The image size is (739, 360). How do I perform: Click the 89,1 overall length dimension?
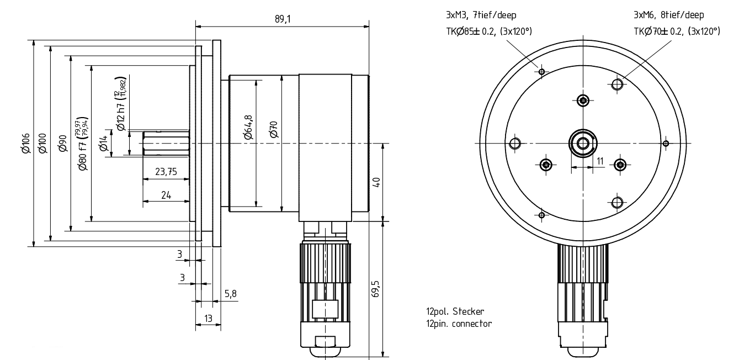tap(282, 19)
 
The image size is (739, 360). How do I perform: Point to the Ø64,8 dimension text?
tap(249, 128)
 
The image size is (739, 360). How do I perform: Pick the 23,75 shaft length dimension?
tap(166, 172)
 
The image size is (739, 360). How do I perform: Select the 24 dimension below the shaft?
tap(166, 194)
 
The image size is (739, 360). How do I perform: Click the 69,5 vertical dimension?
tap(376, 289)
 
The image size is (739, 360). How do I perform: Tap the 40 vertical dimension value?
tap(376, 182)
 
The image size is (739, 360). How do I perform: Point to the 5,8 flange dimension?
tap(230, 294)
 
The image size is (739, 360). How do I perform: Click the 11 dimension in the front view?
tap(600, 160)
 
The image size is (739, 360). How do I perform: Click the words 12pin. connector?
tap(455, 324)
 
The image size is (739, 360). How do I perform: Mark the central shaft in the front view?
tap(583, 144)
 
